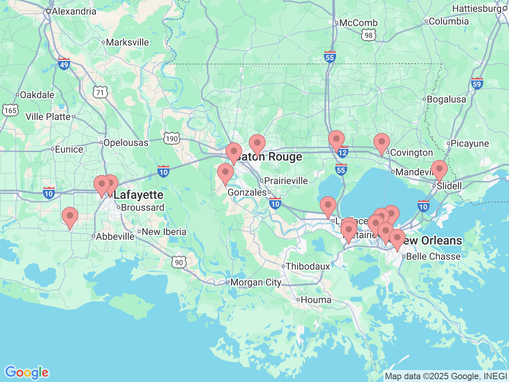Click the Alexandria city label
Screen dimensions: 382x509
[74, 11]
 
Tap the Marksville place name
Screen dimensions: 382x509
[127, 42]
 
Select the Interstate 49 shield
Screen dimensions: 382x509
[64, 64]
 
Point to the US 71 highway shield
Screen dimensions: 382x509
[100, 93]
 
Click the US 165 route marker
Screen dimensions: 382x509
[10, 110]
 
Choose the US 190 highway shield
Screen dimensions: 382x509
[172, 139]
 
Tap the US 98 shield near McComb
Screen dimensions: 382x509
[369, 35]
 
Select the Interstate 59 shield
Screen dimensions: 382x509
[477, 83]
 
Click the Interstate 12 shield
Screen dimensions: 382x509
[342, 152]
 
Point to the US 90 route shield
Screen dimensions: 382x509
[179, 262]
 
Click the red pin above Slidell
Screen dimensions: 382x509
[439, 169]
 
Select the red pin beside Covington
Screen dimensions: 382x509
[381, 142]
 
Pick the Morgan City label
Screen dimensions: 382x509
[256, 283]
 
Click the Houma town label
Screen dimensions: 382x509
[316, 300]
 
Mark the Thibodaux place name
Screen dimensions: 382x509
[308, 266]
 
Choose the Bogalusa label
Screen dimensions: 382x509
[446, 99]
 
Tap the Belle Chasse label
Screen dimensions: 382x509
[433, 256]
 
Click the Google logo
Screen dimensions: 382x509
[27, 373]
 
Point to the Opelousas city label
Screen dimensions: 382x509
[126, 142]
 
